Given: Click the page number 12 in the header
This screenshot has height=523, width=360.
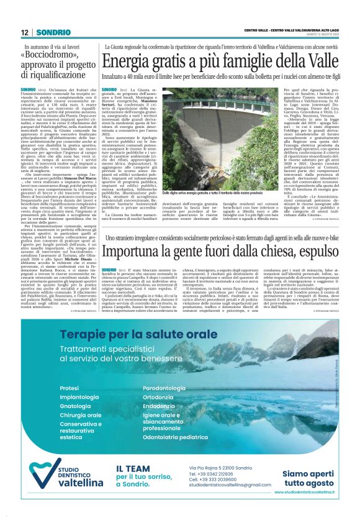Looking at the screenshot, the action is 25,32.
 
